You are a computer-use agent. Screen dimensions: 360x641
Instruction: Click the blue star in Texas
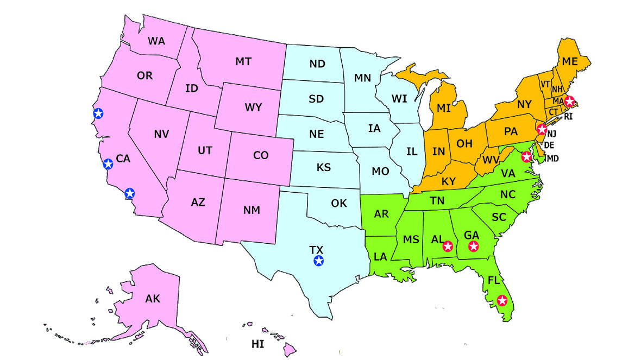(x=319, y=261)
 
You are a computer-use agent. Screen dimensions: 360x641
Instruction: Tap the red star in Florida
(x=502, y=300)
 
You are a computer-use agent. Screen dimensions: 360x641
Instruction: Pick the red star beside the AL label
(x=448, y=247)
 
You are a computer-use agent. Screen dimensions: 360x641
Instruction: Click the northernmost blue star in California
(x=98, y=113)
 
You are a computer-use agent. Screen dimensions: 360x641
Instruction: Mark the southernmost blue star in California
(x=129, y=193)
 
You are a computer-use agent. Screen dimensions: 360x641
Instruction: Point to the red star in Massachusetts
(x=569, y=101)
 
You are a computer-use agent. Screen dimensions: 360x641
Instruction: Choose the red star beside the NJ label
(x=542, y=129)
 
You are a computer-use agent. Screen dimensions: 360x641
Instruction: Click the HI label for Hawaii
(x=257, y=343)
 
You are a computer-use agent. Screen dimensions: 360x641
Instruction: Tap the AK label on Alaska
(x=153, y=298)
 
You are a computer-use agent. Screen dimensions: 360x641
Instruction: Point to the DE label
(x=549, y=145)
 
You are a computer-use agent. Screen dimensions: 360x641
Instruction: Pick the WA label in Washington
(x=156, y=41)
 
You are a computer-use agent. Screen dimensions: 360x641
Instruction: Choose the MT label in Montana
(x=243, y=61)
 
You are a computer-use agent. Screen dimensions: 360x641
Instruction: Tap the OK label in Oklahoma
(x=339, y=204)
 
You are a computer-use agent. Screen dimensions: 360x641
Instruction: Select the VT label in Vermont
(x=545, y=84)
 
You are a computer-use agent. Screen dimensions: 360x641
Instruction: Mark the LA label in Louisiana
(x=380, y=256)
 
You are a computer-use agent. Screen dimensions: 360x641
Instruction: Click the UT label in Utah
(x=204, y=151)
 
